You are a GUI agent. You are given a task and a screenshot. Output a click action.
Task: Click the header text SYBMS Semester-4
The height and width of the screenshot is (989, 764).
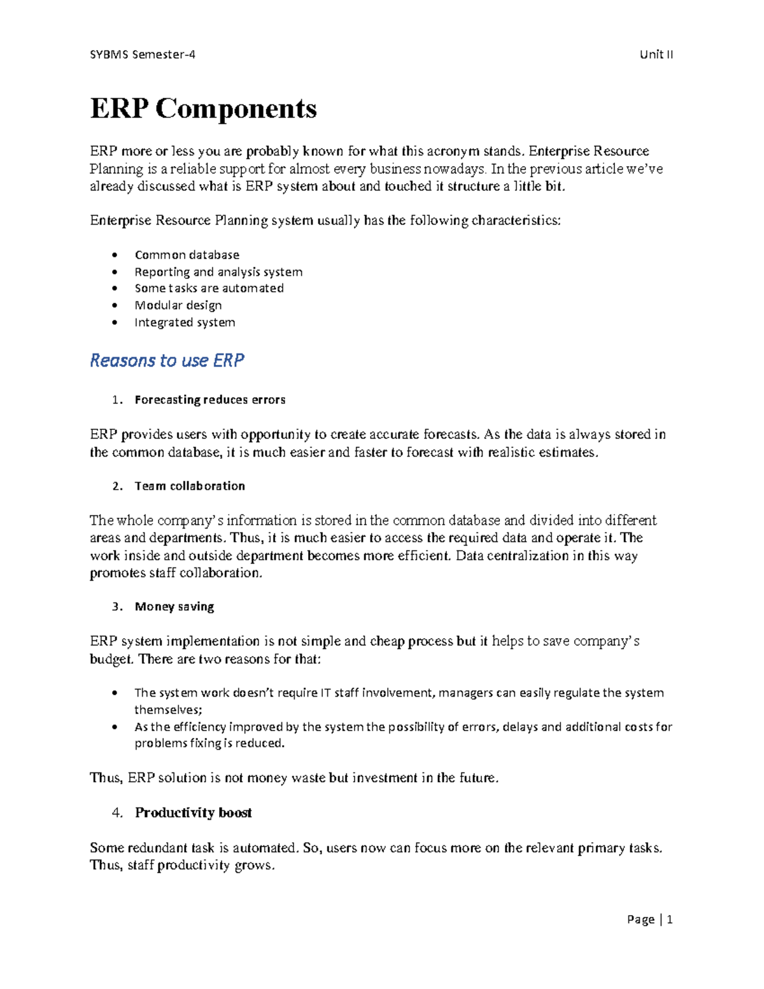[x=143, y=54]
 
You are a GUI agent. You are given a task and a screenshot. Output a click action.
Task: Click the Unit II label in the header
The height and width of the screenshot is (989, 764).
[x=656, y=54]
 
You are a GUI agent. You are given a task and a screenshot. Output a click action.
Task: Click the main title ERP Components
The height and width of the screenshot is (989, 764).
[x=203, y=108]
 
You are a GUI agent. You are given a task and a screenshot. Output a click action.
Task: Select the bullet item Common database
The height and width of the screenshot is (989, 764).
[x=187, y=255]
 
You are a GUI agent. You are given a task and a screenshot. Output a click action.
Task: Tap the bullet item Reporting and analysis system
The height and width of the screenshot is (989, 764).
[x=218, y=272]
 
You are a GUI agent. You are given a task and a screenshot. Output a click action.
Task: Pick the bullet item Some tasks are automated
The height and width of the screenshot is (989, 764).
[x=209, y=288]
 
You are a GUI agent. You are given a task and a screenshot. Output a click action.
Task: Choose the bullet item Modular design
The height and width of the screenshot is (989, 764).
[x=178, y=306]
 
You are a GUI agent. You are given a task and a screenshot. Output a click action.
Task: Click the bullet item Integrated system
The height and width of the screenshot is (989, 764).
[x=185, y=322]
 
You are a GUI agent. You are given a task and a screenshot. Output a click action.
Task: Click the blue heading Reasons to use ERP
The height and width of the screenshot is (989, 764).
[x=167, y=360]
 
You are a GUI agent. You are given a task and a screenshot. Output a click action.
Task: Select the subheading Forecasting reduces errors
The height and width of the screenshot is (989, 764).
[x=209, y=400]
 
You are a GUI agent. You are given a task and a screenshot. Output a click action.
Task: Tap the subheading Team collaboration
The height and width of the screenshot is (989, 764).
[x=190, y=486]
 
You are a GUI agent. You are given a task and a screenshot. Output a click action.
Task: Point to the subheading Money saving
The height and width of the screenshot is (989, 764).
[x=174, y=607]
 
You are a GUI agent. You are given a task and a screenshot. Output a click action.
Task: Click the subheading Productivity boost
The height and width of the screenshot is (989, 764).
[x=193, y=813]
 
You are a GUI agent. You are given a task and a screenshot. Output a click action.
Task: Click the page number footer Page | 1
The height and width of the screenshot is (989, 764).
[x=649, y=919]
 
